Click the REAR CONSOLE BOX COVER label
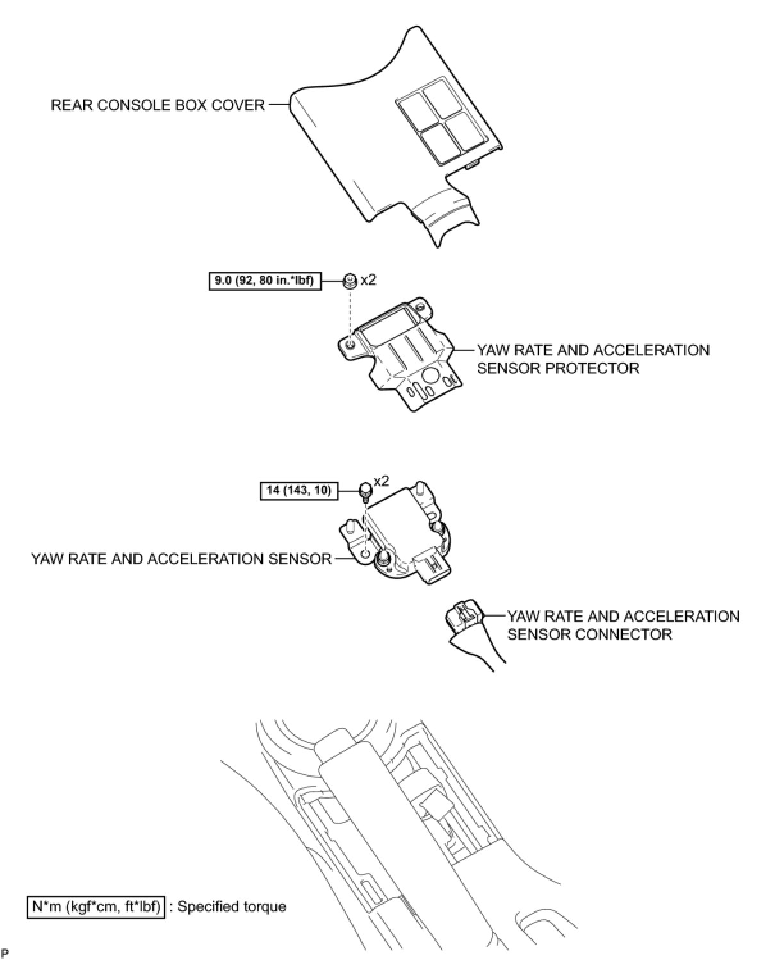pos(158,104)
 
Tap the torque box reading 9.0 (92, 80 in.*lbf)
pos(265,281)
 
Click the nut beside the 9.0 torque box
pos(349,280)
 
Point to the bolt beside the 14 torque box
pos(365,491)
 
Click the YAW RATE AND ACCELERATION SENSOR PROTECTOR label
pos(593,359)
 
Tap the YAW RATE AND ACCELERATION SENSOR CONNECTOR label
pos(623,625)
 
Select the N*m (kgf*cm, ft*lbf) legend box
pos(95,906)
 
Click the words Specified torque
pos(232,906)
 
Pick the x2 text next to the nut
pos(368,280)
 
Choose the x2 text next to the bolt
pos(381,481)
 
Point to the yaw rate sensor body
pos(400,526)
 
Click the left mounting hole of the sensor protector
pos(349,345)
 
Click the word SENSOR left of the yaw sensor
pos(298,559)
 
